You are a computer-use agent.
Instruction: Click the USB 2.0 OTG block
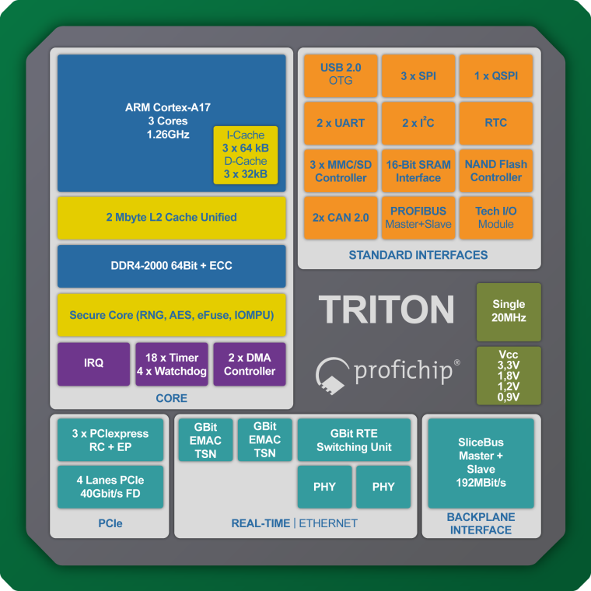[341, 75]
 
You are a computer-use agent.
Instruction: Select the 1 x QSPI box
[495, 75]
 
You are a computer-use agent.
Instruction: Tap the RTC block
[495, 123]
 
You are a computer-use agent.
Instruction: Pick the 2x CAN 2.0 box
[341, 218]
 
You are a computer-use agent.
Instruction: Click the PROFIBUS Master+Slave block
[418, 218]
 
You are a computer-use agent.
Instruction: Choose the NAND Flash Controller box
[495, 170]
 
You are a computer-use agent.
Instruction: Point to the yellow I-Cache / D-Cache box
[245, 156]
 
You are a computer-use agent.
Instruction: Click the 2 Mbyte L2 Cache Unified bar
[171, 217]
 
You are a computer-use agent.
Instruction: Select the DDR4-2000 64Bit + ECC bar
[171, 266]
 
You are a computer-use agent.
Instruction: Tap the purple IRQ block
[93, 363]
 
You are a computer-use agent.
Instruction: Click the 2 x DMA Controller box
[250, 363]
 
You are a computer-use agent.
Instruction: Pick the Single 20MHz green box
[509, 311]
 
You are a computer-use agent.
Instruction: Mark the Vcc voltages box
[509, 376]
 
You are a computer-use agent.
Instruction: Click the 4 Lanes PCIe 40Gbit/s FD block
[110, 487]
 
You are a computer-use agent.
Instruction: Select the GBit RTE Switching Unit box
[354, 440]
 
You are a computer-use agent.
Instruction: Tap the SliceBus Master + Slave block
[481, 463]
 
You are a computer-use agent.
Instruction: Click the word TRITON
[386, 309]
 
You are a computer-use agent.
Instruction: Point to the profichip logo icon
[333, 372]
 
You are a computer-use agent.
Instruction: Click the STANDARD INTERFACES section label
[418, 255]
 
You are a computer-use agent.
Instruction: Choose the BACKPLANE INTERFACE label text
[480, 523]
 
